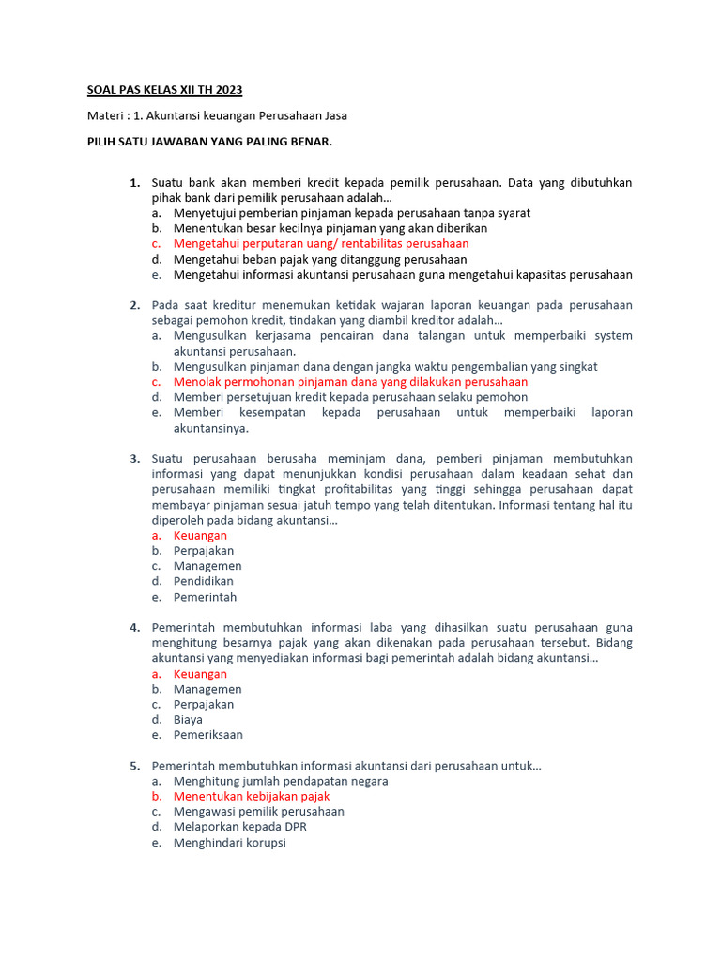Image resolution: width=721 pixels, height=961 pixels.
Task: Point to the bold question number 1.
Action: pyautogui.click(x=134, y=182)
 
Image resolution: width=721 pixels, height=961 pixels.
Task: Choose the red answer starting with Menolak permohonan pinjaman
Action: pyautogui.click(x=350, y=382)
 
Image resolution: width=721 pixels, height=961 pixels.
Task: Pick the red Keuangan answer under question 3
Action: pyautogui.click(x=200, y=535)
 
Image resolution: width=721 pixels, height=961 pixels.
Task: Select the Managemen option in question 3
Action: pyautogui.click(x=207, y=566)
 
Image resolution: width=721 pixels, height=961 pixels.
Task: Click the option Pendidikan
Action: pyautogui.click(x=204, y=581)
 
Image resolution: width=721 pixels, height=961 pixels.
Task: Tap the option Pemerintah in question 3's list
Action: pyautogui.click(x=205, y=597)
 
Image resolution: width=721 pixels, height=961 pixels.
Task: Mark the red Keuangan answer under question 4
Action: pyautogui.click(x=200, y=674)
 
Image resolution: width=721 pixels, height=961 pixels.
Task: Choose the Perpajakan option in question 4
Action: pyautogui.click(x=204, y=704)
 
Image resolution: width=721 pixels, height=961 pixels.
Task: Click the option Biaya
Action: pyautogui.click(x=188, y=720)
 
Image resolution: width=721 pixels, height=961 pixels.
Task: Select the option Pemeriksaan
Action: pyautogui.click(x=208, y=735)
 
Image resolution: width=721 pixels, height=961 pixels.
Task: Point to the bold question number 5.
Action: pyautogui.click(x=134, y=766)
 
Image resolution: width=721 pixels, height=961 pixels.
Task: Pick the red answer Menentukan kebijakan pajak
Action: pyautogui.click(x=252, y=796)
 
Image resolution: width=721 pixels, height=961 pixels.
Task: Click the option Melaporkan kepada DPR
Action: pyautogui.click(x=240, y=827)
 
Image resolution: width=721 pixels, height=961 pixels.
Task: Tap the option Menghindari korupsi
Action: pyautogui.click(x=229, y=843)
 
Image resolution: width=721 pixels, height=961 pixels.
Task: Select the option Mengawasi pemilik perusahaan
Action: pyautogui.click(x=258, y=811)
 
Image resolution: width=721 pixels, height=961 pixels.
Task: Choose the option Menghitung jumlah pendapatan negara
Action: pyautogui.click(x=281, y=781)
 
